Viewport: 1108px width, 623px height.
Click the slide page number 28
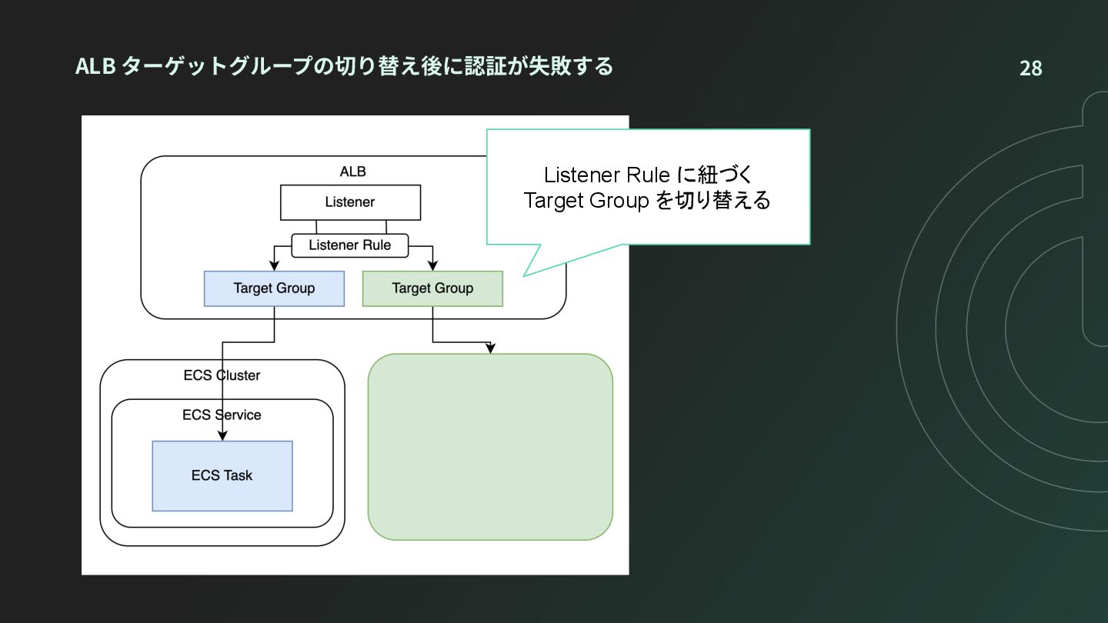pyautogui.click(x=1031, y=68)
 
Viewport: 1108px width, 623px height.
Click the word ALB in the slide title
pyautogui.click(x=95, y=66)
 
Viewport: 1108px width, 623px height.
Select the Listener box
pyautogui.click(x=350, y=202)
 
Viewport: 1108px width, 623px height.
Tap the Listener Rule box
pyautogui.click(x=349, y=245)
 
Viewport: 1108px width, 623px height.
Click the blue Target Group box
pyautogui.click(x=274, y=288)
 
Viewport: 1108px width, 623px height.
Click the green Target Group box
pyautogui.click(x=432, y=288)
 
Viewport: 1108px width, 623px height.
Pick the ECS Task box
pyautogui.click(x=222, y=475)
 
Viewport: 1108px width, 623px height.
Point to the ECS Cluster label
pyautogui.click(x=222, y=375)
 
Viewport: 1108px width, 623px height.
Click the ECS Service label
pyautogui.click(x=222, y=415)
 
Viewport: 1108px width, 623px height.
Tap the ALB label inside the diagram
pyautogui.click(x=352, y=172)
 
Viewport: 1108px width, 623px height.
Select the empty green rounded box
pyautogui.click(x=490, y=446)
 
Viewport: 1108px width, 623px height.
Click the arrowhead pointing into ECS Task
pyautogui.click(x=222, y=435)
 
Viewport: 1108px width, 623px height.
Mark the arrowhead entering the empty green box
pyautogui.click(x=490, y=348)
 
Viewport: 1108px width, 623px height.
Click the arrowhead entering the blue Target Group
pyautogui.click(x=274, y=265)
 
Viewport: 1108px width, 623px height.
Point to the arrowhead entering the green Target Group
pyautogui.click(x=432, y=265)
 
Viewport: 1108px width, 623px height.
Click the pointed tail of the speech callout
pyautogui.click(x=524, y=275)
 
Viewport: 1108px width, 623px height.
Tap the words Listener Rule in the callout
pyautogui.click(x=606, y=175)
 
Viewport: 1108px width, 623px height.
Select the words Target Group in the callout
pyautogui.click(x=586, y=201)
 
